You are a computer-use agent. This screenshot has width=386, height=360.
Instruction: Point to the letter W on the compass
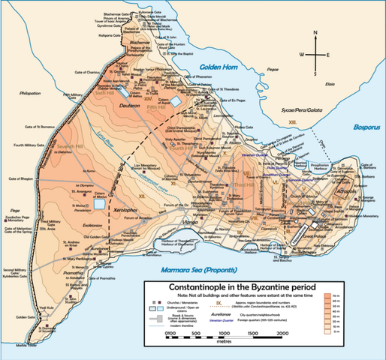point(303,55)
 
